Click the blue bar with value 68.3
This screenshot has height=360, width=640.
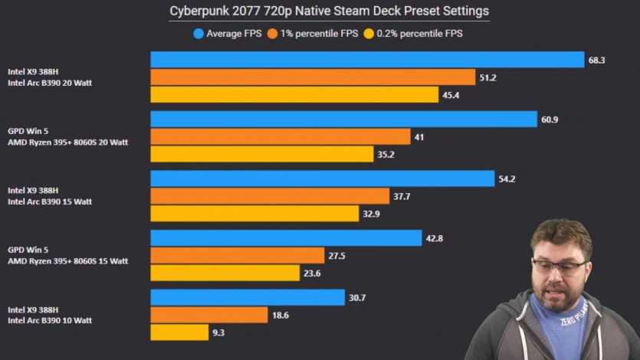[367, 60]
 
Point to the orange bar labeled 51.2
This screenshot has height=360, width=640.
[313, 77]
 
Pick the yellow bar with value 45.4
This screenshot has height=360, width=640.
[294, 95]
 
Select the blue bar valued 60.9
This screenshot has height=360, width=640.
[343, 119]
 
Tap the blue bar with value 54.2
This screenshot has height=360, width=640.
[322, 178]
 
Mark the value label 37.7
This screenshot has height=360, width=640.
[402, 196]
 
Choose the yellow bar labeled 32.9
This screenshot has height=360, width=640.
[254, 214]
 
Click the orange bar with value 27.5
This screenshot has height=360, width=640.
[237, 255]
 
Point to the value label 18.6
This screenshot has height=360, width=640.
[281, 315]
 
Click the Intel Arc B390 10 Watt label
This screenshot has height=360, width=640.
[49, 320]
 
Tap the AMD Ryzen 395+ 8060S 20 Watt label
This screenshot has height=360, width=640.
[67, 142]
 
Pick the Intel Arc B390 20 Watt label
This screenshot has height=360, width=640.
[49, 83]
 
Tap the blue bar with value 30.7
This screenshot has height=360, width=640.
[248, 297]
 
